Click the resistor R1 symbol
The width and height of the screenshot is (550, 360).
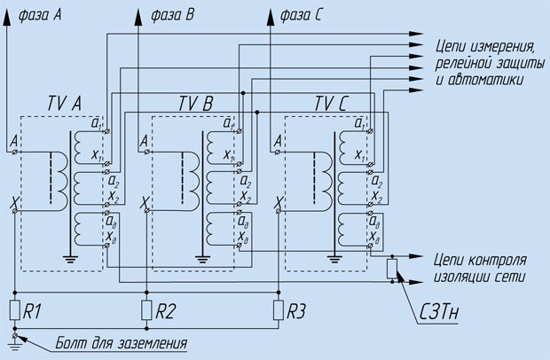(x=15, y=309)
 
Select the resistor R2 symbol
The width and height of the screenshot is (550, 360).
(x=146, y=309)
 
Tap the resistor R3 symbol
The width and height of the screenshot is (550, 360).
(x=279, y=309)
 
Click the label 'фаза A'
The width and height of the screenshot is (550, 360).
(x=40, y=15)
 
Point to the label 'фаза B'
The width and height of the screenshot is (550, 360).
(x=173, y=15)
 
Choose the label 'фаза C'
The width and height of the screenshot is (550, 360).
(x=301, y=15)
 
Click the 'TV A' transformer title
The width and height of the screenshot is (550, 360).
(x=65, y=104)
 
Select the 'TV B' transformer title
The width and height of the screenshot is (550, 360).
(x=196, y=104)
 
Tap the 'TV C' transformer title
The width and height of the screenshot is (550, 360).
(x=331, y=104)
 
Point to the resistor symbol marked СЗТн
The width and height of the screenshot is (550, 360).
(x=392, y=269)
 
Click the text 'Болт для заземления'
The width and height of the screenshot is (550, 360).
(x=122, y=343)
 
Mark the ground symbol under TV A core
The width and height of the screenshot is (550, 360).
(x=70, y=260)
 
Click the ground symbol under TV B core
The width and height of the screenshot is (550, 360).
(x=202, y=260)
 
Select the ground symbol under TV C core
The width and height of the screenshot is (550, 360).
(x=334, y=260)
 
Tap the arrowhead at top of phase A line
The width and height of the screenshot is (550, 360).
(x=6, y=17)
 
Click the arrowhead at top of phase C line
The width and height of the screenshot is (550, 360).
(x=270, y=17)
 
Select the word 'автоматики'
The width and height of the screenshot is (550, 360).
(x=485, y=80)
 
